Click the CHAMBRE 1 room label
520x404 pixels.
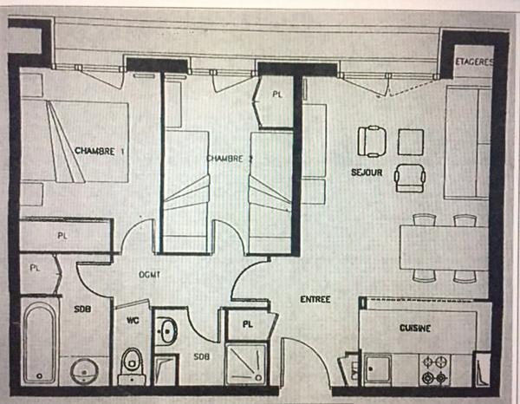click(x=100, y=151)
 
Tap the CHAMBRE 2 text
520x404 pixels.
click(x=230, y=159)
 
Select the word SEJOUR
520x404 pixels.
click(x=367, y=172)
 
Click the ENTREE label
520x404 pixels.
click(x=315, y=300)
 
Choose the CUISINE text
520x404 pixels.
click(x=416, y=328)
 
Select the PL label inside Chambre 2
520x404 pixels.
click(x=276, y=93)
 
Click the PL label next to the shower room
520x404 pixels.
click(x=248, y=325)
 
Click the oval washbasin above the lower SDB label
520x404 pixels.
click(x=167, y=330)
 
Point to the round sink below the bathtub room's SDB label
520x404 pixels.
click(x=85, y=369)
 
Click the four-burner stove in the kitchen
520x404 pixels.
click(x=433, y=369)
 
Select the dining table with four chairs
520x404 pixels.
click(x=440, y=248)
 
